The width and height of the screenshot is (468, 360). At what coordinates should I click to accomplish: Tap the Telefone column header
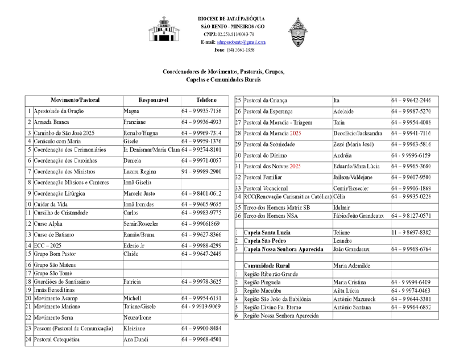pos(206,100)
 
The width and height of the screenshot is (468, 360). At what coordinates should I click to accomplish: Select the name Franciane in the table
pos(135,122)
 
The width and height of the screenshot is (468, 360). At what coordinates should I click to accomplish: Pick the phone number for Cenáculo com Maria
pos(201,140)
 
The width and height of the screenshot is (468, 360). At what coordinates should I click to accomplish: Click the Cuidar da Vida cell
pos(50,203)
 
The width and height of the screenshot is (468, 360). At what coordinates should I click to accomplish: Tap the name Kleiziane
pos(136,328)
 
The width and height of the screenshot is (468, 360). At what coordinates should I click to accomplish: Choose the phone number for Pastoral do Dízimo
pos(411,155)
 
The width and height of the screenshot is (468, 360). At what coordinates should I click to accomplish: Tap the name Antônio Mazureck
pos(354,299)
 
